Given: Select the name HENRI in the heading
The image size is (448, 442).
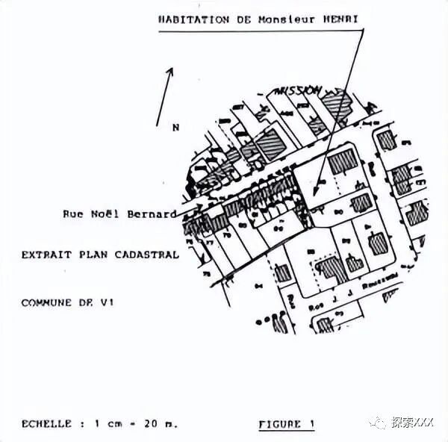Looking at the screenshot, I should click(343, 20).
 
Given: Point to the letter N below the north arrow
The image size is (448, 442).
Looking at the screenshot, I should click(175, 128).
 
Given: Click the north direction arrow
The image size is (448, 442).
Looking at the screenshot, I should click(165, 96).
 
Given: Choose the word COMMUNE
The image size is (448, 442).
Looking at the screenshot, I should click(46, 302).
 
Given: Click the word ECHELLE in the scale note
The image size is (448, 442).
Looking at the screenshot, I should click(46, 423).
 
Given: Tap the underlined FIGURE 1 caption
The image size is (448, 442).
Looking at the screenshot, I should click(286, 424).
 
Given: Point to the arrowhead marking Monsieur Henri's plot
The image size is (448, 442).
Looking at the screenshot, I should click(317, 184).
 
